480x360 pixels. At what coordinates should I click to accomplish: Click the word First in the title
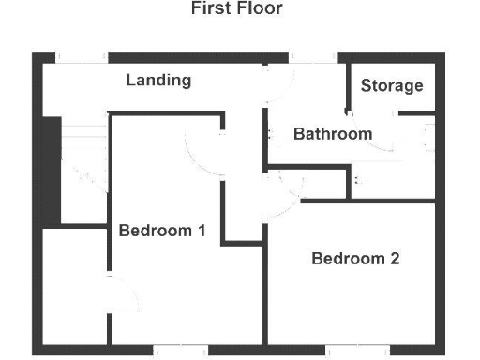[211, 9]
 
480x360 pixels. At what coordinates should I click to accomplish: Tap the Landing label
[158, 81]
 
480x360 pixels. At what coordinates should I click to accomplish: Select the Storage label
[392, 86]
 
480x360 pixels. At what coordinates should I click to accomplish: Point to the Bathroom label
[333, 134]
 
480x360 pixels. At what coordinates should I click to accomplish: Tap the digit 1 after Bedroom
[201, 231]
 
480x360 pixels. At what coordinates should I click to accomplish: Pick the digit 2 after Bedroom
[395, 259]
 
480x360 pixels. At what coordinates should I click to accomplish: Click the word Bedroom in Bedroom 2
[348, 259]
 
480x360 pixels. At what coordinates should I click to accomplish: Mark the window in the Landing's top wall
[80, 57]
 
